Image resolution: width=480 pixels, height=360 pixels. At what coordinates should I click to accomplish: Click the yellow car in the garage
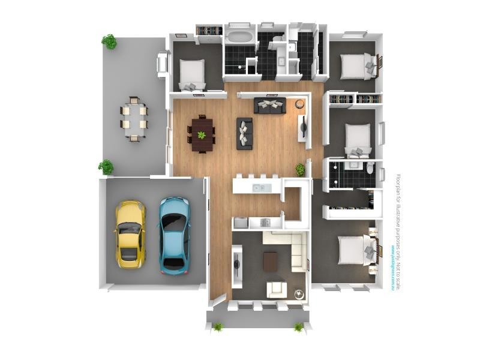tap(130, 233)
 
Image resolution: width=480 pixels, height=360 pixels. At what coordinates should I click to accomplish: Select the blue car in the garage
tap(174, 235)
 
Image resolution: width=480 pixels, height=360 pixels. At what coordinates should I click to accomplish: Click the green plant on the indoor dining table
tap(202, 135)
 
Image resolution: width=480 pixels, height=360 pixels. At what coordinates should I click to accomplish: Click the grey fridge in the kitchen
tap(241, 223)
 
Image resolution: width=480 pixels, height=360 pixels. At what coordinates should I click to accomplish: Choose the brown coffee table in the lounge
tap(271, 260)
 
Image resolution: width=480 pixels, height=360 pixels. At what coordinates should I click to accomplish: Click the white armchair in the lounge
tap(277, 289)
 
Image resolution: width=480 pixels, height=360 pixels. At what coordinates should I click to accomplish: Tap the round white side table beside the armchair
tap(299, 294)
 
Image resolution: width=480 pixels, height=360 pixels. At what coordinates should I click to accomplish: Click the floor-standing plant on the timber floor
tap(299, 170)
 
